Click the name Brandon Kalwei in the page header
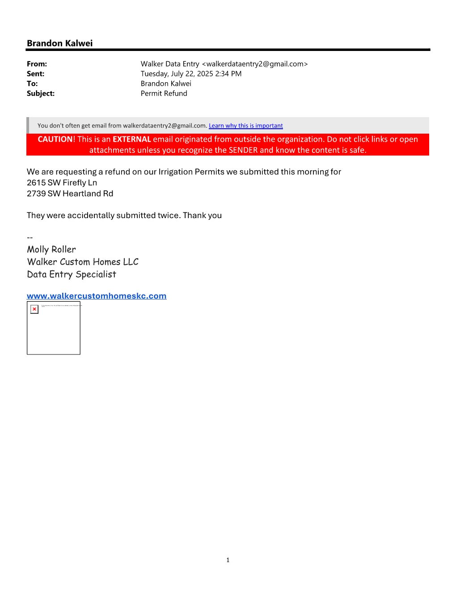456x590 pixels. point(59,43)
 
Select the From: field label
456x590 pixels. point(37,64)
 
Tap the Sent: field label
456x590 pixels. point(35,74)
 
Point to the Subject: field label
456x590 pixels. point(41,93)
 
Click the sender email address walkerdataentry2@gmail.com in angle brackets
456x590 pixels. point(255,64)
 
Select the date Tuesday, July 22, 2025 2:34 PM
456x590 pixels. point(191,74)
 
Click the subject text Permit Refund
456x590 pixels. point(164,93)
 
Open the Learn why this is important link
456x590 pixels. point(245,126)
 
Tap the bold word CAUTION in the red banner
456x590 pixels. point(55,139)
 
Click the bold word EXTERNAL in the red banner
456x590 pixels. point(131,139)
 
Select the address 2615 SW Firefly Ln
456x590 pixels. point(62,183)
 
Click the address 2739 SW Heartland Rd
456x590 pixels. point(70,194)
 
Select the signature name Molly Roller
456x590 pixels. point(51,249)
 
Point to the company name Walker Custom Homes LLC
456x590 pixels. point(83,262)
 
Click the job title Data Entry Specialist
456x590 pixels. point(72,274)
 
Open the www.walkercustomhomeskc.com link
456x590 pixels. point(97,296)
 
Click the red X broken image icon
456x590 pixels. point(34,309)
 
